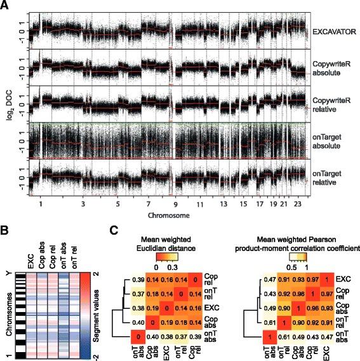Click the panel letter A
(x=6, y=6)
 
